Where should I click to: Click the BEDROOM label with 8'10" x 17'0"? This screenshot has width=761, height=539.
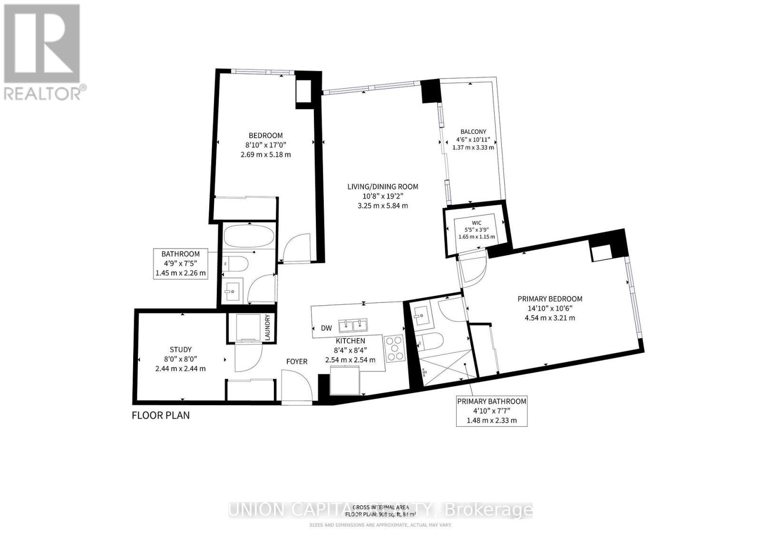coord(265,136)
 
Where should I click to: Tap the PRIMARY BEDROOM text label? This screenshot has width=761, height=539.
coord(550,299)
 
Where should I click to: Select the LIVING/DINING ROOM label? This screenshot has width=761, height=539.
coord(382,187)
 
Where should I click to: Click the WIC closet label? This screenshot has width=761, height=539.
coord(477,223)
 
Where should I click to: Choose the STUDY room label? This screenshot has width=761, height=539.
coord(181,349)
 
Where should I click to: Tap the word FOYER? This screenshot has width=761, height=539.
coord(297,361)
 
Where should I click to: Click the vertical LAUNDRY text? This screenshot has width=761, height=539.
coord(267,327)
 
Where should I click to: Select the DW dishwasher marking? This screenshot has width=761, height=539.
coord(326,328)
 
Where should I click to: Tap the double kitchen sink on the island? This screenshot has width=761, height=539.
coord(353,326)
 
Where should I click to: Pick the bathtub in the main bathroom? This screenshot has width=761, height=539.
coord(248,237)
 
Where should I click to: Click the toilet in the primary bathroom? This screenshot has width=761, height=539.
coord(430,341)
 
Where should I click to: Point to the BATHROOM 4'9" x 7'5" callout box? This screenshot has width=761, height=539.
coord(180,263)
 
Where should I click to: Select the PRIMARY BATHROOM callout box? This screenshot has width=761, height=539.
coord(491,411)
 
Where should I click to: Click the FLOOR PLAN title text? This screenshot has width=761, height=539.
coord(161,415)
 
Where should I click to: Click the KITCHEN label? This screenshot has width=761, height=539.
coord(351,341)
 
